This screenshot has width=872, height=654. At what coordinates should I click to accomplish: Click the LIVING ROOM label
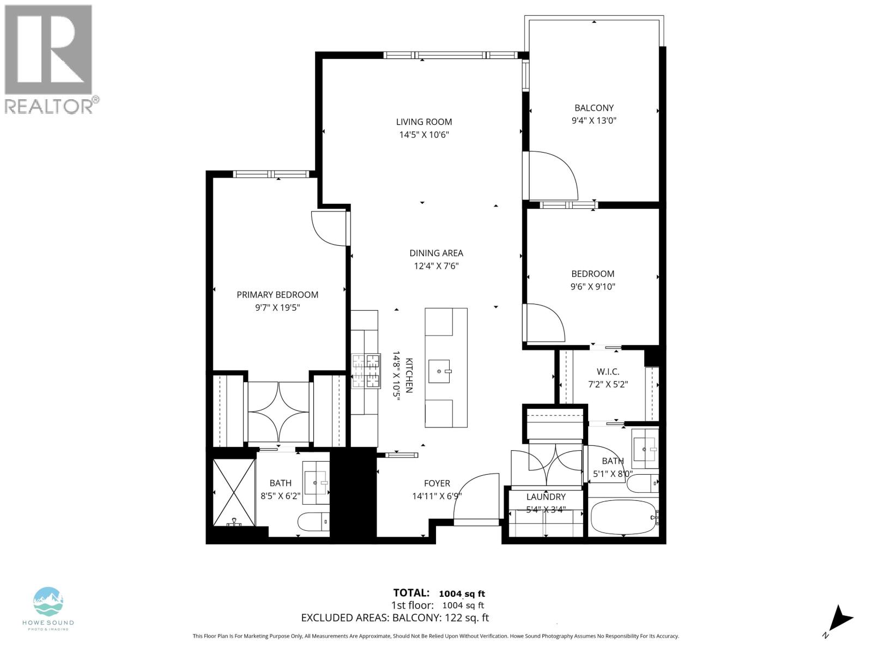[x=423, y=122]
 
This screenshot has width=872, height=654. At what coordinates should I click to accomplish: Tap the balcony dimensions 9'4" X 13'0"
[x=594, y=121]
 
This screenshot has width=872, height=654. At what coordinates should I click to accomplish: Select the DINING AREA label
[x=436, y=253]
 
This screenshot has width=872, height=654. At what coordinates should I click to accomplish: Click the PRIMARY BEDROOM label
[x=277, y=294]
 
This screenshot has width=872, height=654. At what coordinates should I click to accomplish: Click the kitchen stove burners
[x=366, y=371]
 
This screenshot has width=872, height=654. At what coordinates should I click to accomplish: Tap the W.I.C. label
[x=608, y=372]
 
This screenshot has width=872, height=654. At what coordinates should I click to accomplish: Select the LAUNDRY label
[x=546, y=497]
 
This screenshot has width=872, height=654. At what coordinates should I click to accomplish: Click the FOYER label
[x=437, y=483]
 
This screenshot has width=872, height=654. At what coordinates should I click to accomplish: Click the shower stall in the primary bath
[x=234, y=492]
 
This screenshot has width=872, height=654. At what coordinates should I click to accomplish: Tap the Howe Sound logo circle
[x=49, y=602]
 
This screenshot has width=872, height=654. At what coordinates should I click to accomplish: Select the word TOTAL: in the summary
[x=411, y=593]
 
